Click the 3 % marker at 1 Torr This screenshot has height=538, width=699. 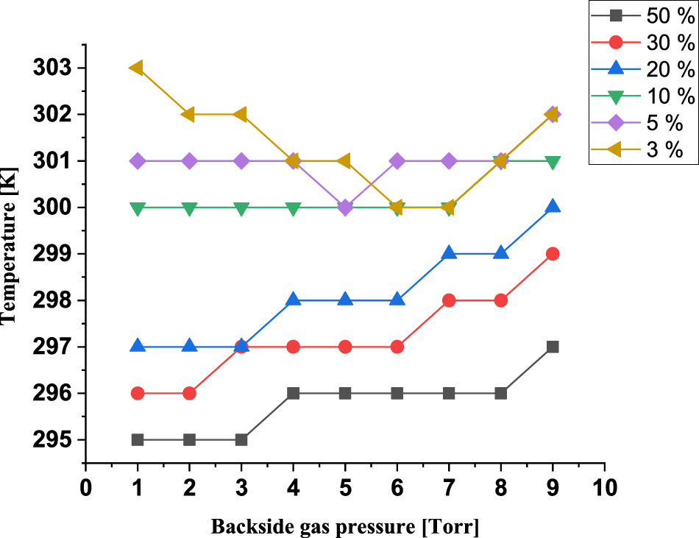click(136, 68)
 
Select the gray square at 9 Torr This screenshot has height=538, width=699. click(553, 347)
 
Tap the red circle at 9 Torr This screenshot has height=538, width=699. click(553, 254)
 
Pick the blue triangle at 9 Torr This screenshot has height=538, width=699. click(553, 207)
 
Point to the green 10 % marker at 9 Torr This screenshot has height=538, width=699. click(553, 162)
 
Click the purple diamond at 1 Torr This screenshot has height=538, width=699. click(137, 160)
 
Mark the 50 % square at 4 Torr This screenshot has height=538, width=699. click(293, 393)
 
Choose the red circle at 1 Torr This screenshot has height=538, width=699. click(137, 393)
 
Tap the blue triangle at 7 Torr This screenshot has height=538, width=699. click(449, 253)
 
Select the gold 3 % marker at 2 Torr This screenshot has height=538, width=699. click(188, 114)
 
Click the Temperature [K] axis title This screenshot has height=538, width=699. click(10, 254)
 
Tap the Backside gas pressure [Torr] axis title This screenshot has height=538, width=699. click(345, 527)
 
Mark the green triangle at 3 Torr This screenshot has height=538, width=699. click(241, 208)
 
